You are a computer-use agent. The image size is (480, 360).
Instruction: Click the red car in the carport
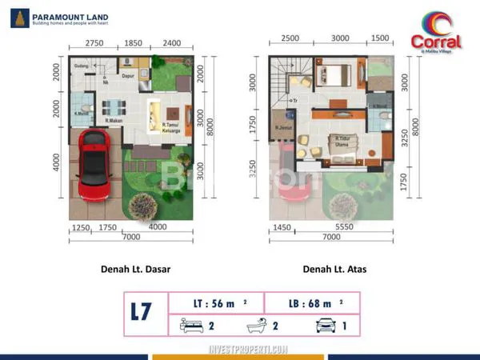pos(97,166)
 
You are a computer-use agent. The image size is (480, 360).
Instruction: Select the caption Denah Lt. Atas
pos(334,269)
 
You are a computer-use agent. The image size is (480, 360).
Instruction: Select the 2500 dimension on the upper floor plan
pos(290,38)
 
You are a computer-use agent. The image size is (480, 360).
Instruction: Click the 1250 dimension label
pos(81,227)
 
